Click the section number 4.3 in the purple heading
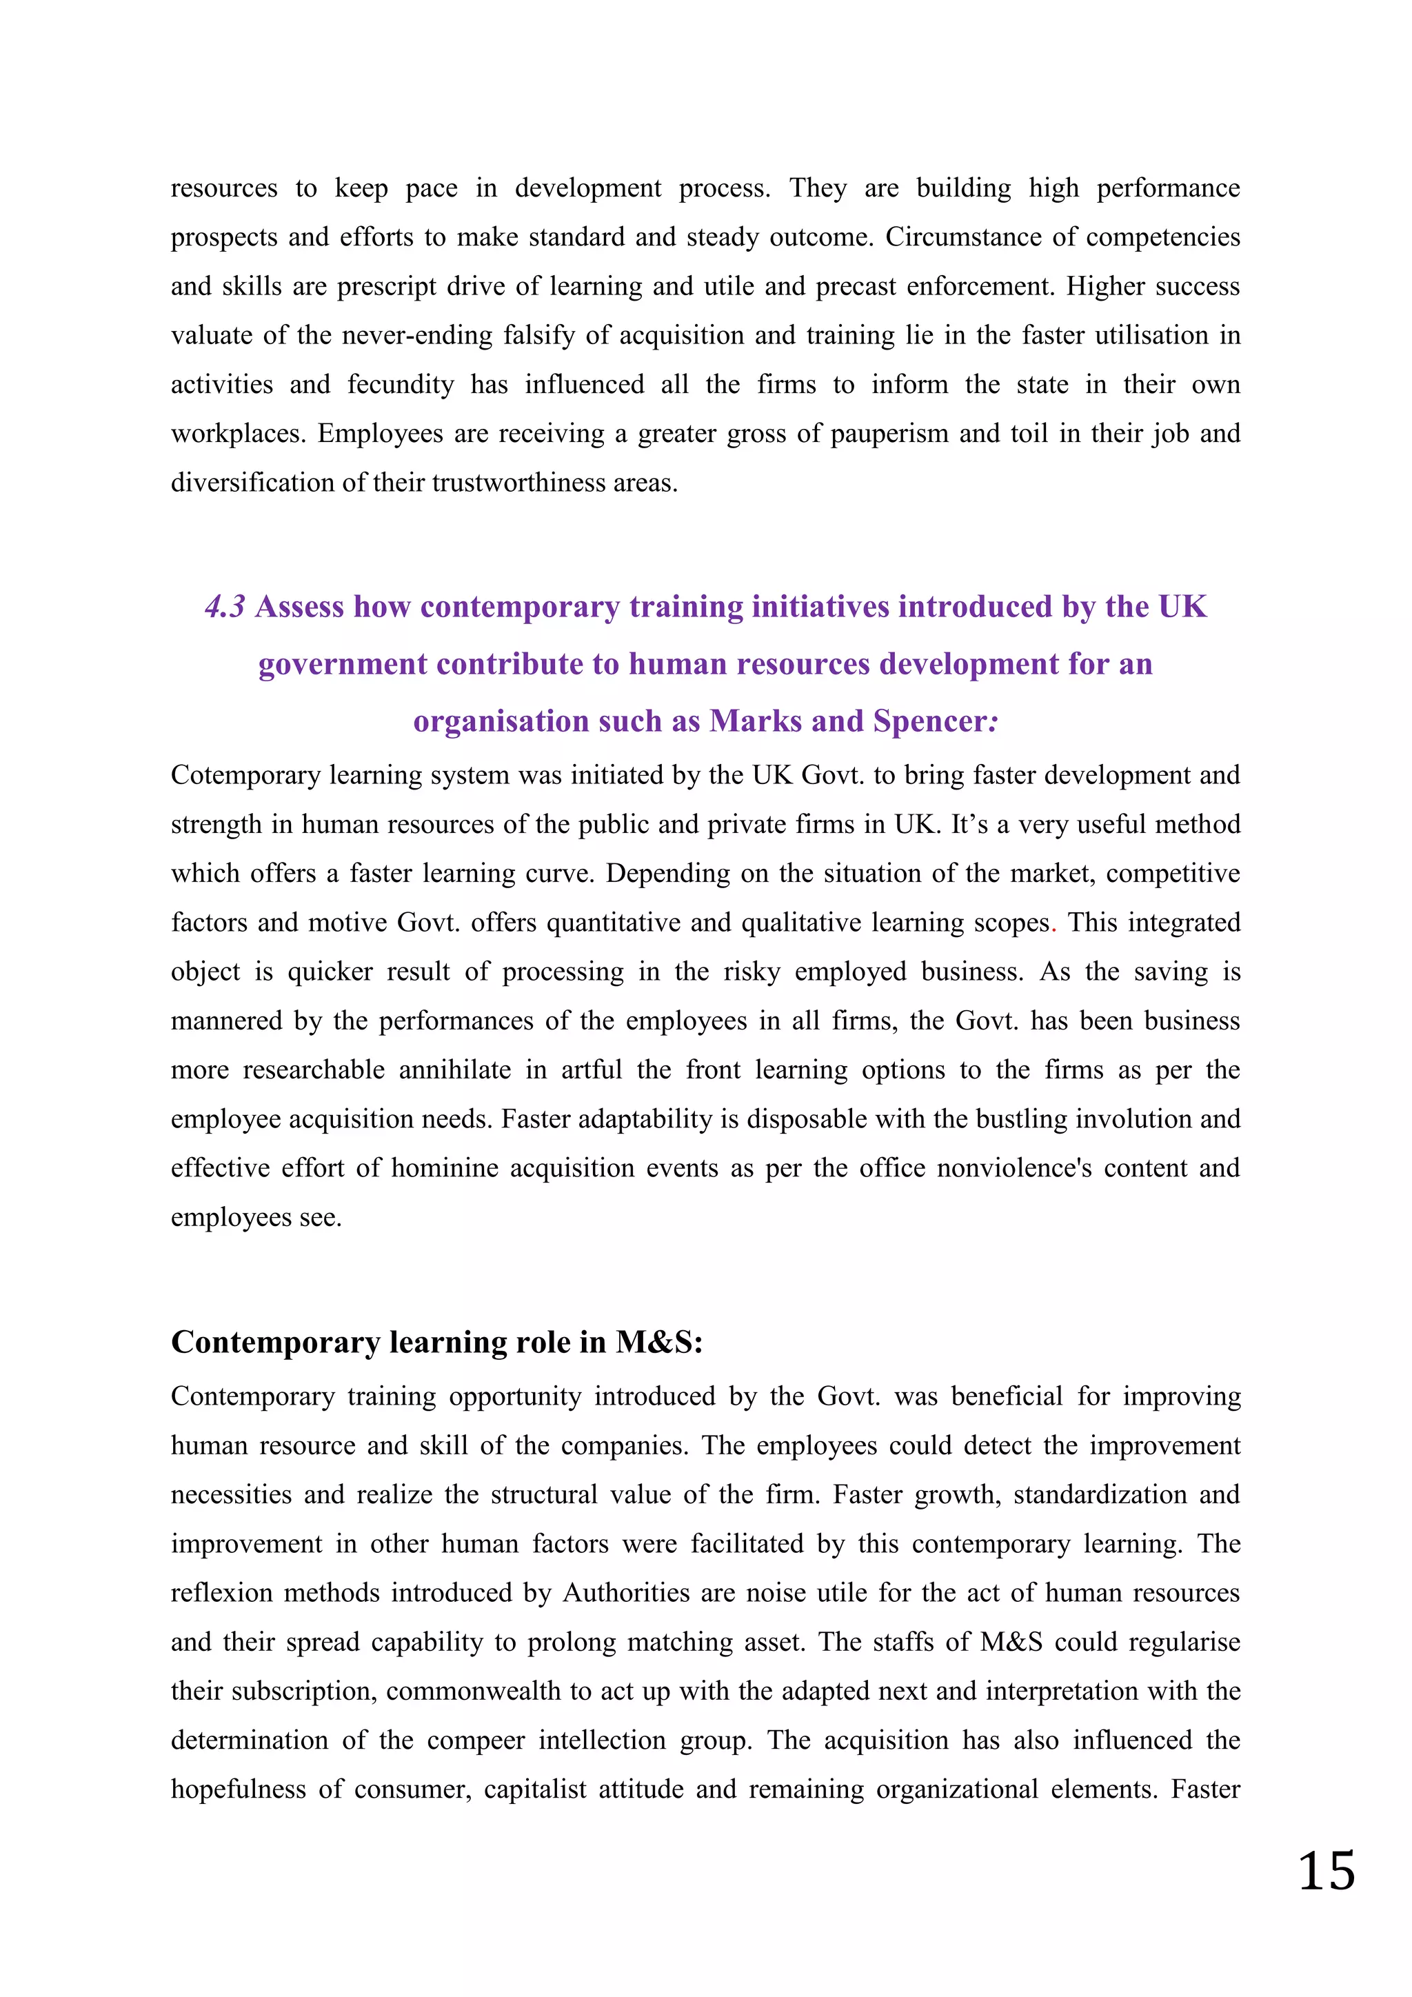pyautogui.click(x=225, y=607)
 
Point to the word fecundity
pyautogui.click(x=401, y=385)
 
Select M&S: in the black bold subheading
pyautogui.click(x=659, y=1342)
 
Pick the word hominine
pyautogui.click(x=444, y=1168)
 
